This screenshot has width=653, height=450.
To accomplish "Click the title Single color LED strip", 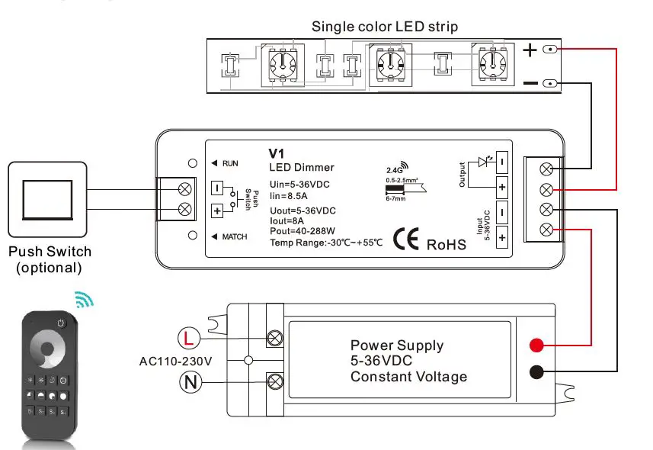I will (x=385, y=27).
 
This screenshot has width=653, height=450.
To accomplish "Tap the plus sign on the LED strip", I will (x=530, y=50).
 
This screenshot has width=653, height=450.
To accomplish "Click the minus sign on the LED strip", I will (x=530, y=82).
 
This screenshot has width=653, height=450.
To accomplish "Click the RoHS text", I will (x=445, y=244).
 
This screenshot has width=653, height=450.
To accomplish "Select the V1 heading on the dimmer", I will (x=277, y=153).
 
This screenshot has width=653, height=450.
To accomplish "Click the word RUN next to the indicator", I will (x=230, y=163).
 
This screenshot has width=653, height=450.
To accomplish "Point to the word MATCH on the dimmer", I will (x=234, y=236).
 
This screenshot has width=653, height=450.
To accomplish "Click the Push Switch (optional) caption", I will (x=50, y=259).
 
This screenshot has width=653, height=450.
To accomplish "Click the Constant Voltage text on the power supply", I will (x=408, y=377).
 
